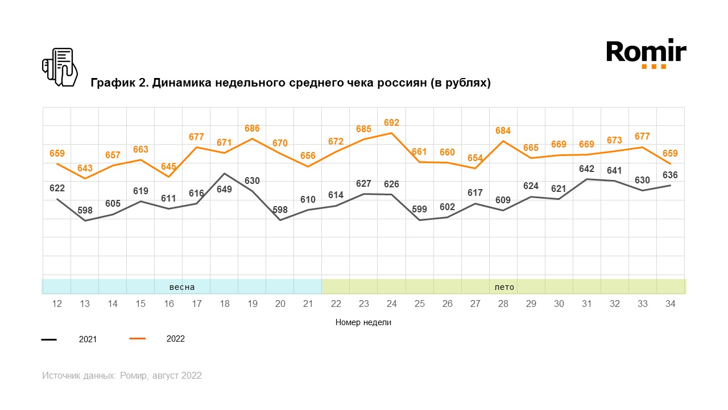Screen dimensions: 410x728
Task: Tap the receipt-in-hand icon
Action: tap(60, 67)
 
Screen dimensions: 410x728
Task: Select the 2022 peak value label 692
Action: tap(391, 122)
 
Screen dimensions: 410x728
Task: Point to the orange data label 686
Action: tap(252, 129)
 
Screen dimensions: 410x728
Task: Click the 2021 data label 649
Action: tap(224, 190)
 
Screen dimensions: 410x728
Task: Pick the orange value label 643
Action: tap(85, 168)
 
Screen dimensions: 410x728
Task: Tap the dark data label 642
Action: tap(586, 169)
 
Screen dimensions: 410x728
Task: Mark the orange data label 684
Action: tap(503, 131)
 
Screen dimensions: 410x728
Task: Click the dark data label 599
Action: tap(419, 209)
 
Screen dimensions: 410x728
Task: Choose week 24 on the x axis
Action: tap(391, 304)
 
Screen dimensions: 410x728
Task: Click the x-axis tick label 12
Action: tap(57, 304)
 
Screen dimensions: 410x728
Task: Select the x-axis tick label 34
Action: tap(670, 304)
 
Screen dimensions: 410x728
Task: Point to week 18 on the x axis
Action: tap(224, 304)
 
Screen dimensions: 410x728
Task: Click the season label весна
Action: tap(182, 287)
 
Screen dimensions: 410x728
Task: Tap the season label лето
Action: tap(504, 287)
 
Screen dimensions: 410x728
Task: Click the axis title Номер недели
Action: tap(363, 322)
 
